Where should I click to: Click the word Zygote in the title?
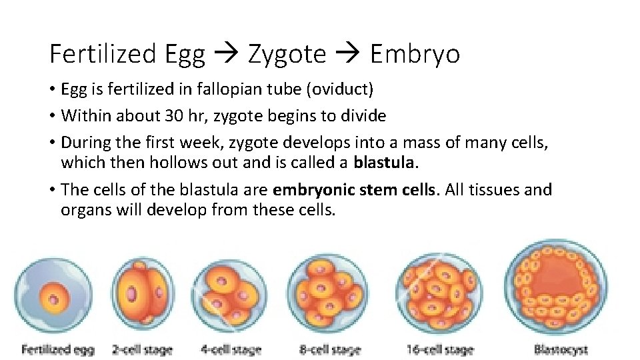point(287,54)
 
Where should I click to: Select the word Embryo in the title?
point(415,54)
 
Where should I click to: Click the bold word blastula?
point(387,163)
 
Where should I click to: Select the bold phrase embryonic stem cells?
point(354,190)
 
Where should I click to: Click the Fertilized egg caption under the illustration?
point(58,349)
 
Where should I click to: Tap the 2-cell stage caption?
point(143,349)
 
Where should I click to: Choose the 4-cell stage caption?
point(231,349)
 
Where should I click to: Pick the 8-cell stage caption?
point(331,349)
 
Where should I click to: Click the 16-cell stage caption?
point(440,349)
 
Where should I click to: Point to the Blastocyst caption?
point(561,349)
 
